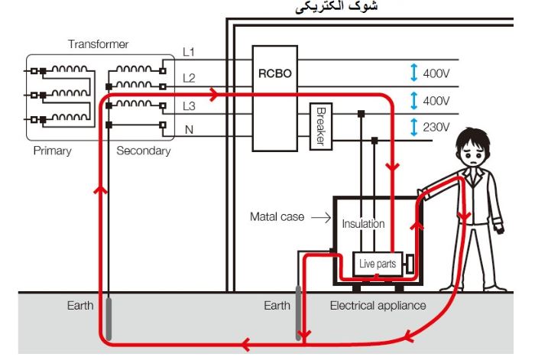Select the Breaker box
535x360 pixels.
[321, 126]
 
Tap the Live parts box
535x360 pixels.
[378, 264]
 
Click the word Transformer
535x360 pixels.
[98, 44]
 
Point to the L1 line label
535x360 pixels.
[189, 52]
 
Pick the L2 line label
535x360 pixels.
[189, 78]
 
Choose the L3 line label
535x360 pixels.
[189, 104]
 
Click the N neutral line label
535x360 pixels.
[189, 130]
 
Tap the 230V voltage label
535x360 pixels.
[436, 127]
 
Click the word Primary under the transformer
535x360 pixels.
[52, 151]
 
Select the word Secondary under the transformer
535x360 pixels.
[143, 151]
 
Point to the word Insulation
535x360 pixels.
[363, 224]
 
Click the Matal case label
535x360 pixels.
[277, 217]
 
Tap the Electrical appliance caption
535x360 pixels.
[378, 306]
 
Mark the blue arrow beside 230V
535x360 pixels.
[413, 127]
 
